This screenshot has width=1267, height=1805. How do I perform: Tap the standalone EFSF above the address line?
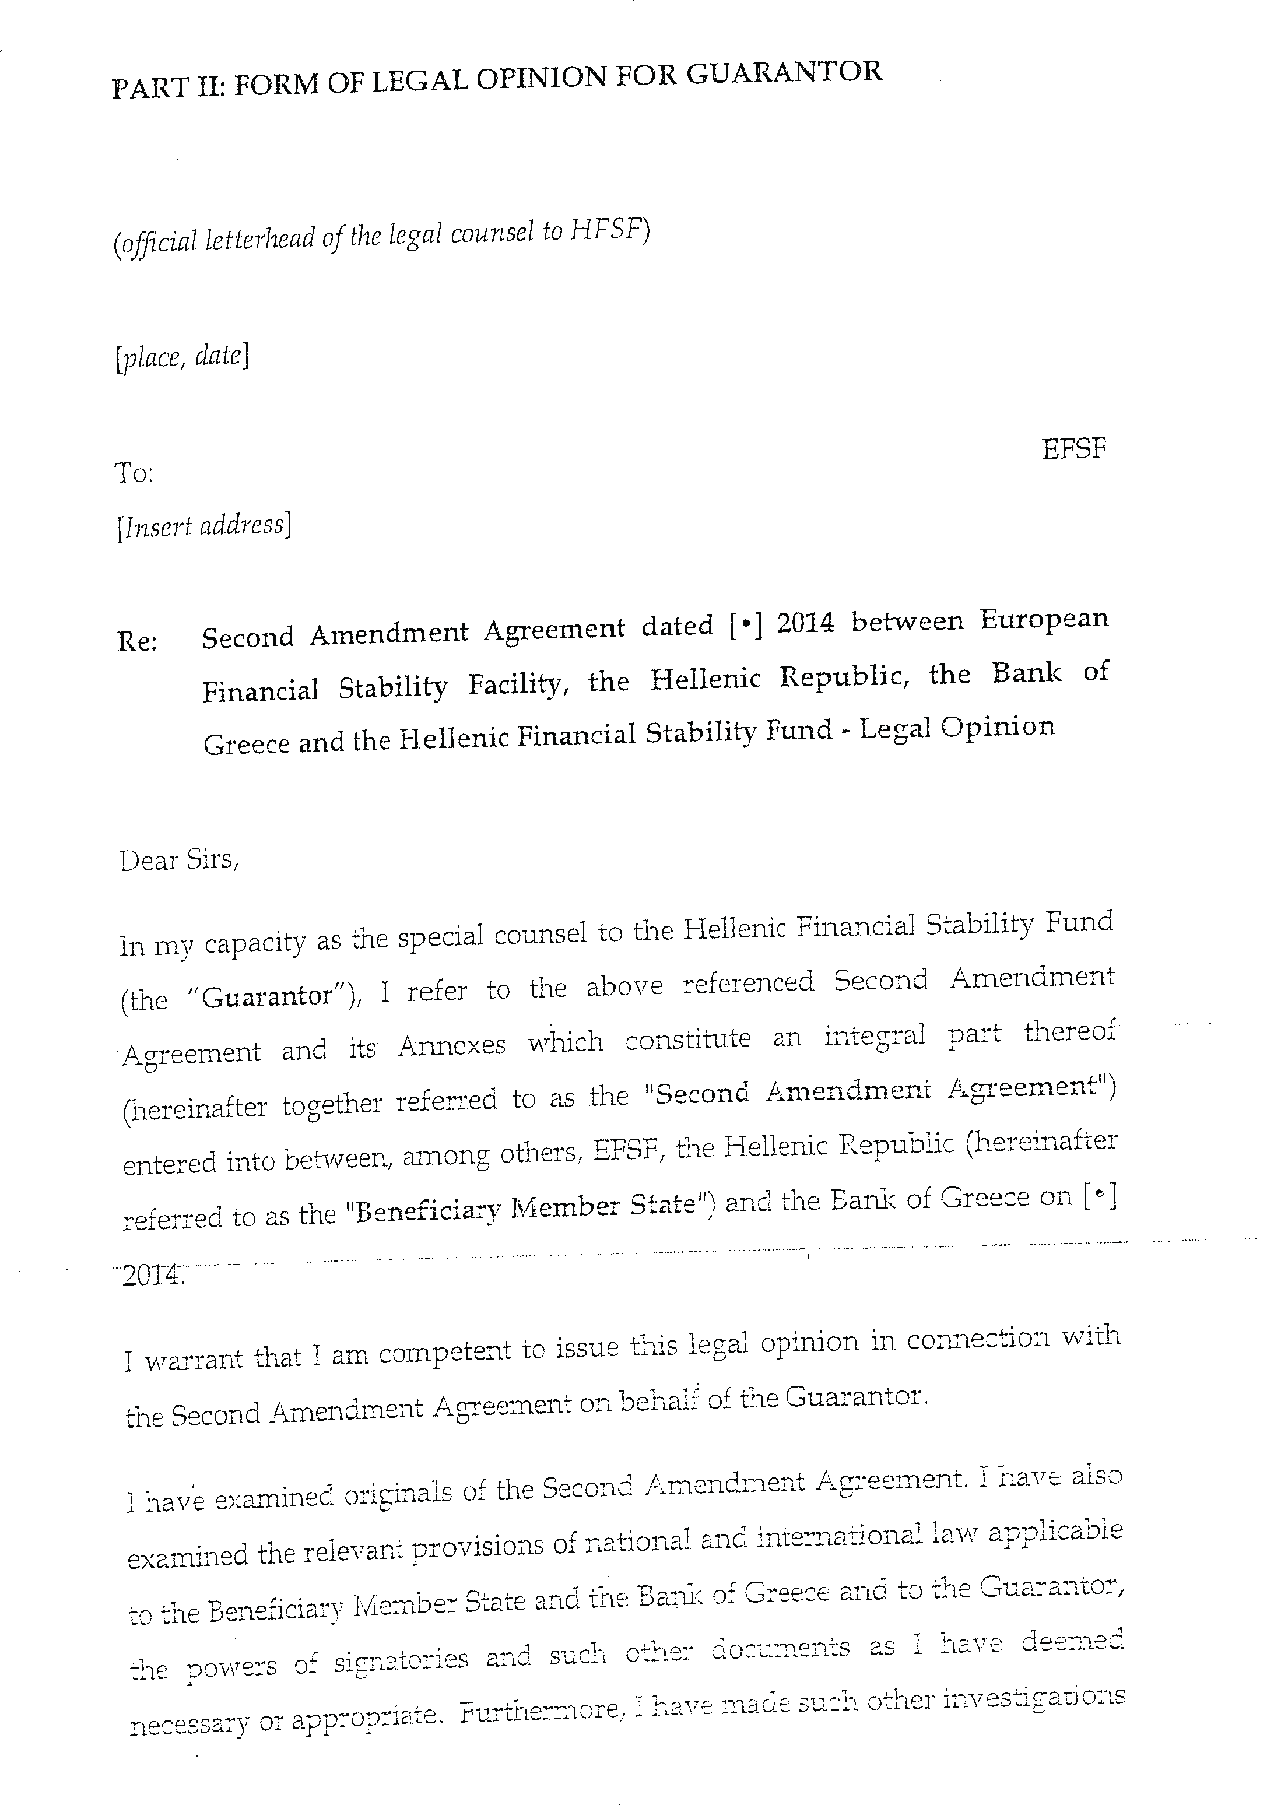[x=1073, y=450]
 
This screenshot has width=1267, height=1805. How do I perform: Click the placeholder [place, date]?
[x=181, y=358]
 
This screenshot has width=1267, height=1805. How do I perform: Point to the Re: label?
[x=137, y=641]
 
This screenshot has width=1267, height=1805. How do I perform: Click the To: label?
[x=134, y=473]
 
